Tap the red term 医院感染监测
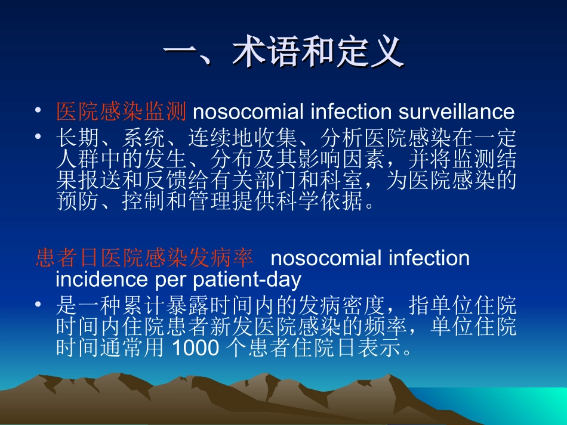click(x=122, y=111)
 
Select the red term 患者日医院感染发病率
click(x=144, y=258)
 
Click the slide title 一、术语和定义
click(x=283, y=54)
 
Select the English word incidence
click(x=99, y=279)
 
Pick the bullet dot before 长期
click(x=39, y=138)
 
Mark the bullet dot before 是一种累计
click(x=39, y=305)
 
